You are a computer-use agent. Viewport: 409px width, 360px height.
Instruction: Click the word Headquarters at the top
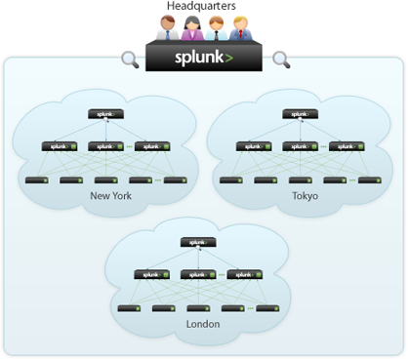point(204,7)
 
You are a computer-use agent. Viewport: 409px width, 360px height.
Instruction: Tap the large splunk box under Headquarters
point(204,58)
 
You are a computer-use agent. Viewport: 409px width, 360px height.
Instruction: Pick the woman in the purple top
point(189,28)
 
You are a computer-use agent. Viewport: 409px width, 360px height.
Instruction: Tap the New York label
point(109,196)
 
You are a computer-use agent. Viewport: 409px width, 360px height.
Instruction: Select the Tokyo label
point(305,196)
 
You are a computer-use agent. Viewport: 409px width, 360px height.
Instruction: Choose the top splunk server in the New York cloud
point(105,114)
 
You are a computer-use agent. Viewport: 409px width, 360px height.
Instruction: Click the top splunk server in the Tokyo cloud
point(300,114)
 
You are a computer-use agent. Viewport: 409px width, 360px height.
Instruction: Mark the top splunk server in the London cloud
point(198,242)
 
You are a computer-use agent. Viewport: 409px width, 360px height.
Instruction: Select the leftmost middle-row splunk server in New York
point(60,147)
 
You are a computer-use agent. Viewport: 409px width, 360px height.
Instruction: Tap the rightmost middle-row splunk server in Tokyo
point(347,147)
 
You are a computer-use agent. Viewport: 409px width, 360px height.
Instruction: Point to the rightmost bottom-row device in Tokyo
point(368,180)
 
